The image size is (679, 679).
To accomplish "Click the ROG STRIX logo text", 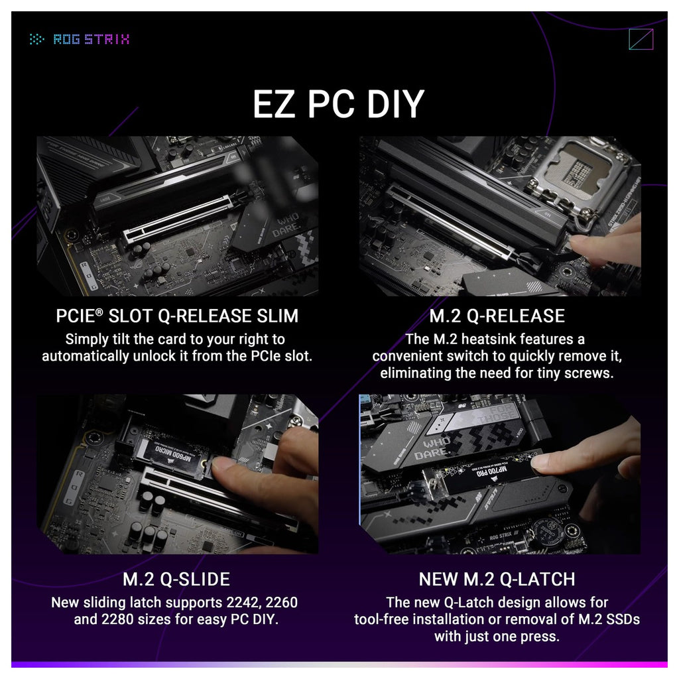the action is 92,39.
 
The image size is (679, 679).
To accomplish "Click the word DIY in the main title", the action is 395,104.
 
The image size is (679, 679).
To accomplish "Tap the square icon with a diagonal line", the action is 641,39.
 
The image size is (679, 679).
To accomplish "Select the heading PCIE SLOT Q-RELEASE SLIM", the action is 177,316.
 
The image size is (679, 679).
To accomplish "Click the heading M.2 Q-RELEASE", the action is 497,316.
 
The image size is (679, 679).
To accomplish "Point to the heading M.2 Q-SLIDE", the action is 176,579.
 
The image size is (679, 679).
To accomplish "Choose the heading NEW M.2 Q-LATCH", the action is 497,579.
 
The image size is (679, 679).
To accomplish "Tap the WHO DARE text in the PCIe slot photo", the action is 286,224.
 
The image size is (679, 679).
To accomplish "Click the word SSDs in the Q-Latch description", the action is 623,619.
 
